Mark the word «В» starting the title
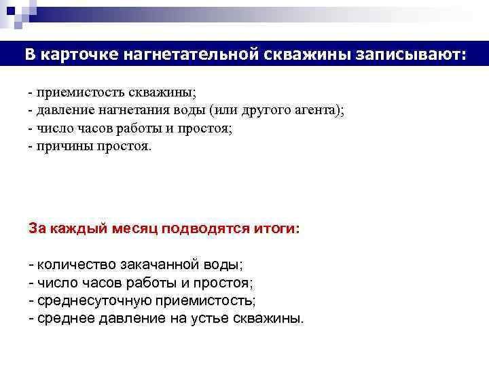click(31, 54)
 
